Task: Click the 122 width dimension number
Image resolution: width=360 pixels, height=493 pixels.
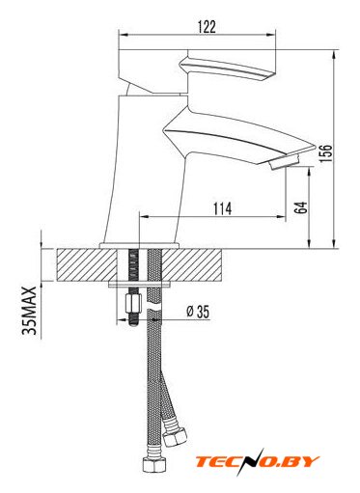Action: [x=207, y=27]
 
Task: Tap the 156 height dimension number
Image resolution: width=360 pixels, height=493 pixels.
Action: [x=326, y=153]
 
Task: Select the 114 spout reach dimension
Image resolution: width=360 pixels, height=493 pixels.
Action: [x=222, y=208]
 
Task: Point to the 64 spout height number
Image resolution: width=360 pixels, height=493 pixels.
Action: [x=301, y=207]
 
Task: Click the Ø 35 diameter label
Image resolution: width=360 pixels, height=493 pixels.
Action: [x=198, y=312]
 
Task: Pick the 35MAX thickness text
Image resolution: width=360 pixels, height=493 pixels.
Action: [x=29, y=311]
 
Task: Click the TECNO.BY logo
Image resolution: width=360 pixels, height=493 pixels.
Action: [x=258, y=462]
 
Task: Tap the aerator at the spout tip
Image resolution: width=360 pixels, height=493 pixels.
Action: [x=285, y=161]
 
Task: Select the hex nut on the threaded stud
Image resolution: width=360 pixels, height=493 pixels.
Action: [x=133, y=303]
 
